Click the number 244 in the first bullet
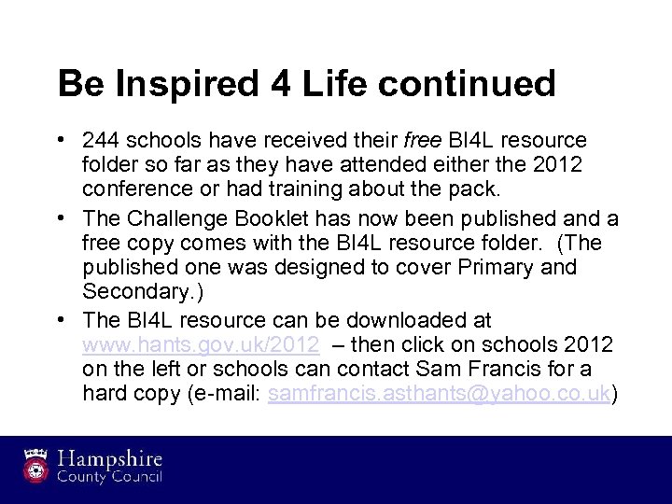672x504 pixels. [x=100, y=140]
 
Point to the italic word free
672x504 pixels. [x=417, y=140]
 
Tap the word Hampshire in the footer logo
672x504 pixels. [x=111, y=459]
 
